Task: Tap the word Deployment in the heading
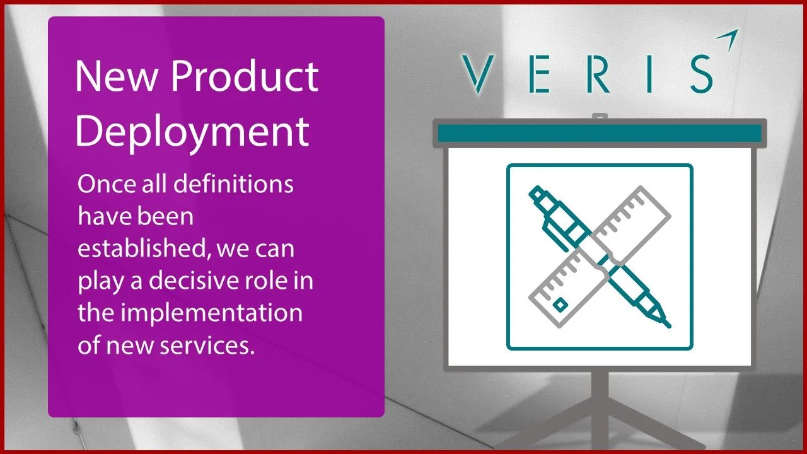192,131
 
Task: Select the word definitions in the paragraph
233,185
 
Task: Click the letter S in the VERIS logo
700,73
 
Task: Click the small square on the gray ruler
560,305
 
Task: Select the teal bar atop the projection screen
600,133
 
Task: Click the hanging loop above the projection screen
600,117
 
